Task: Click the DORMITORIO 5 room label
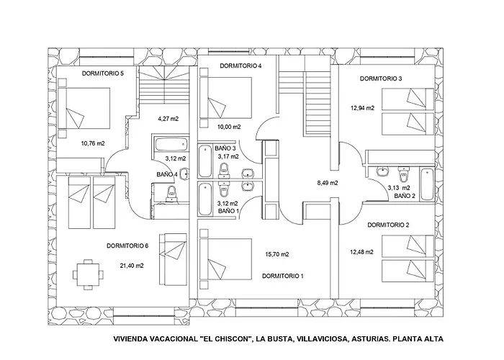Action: pos(103,73)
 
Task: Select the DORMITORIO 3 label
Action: pos(380,78)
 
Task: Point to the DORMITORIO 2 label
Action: pos(388,225)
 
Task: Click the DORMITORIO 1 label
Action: pos(283,276)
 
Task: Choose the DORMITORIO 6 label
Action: pos(127,246)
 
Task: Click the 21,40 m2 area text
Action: pos(132,266)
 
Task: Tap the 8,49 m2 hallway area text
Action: pos(328,183)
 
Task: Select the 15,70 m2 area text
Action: pos(277,254)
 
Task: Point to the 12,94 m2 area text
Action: pos(362,108)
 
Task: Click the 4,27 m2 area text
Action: pos(168,117)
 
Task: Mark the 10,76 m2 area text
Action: pos(94,143)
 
